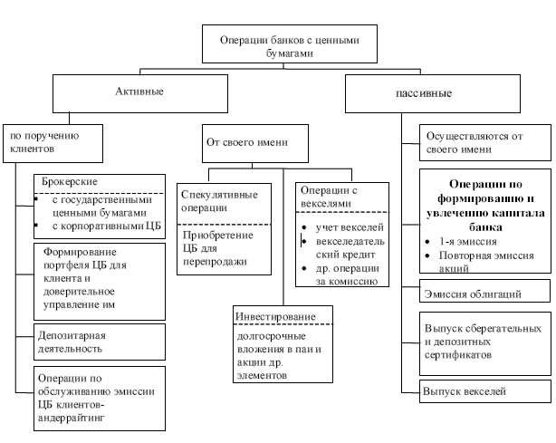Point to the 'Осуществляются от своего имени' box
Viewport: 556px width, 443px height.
pos(484,143)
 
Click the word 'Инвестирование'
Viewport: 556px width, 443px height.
pos(275,317)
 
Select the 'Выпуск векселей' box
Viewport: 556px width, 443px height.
pos(463,392)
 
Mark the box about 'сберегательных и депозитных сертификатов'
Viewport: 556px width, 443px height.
pos(484,342)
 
